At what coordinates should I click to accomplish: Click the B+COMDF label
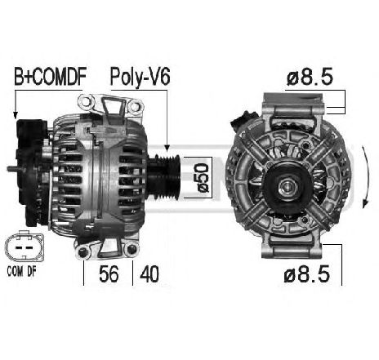coord(50,77)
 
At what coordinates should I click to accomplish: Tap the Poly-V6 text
coord(140,78)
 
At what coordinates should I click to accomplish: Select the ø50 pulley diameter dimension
coord(203,178)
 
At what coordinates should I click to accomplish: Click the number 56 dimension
coord(109,274)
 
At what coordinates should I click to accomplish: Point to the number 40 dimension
coord(149,274)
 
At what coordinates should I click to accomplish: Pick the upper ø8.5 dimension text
coord(310,77)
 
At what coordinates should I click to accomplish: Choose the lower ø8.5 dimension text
coord(307,274)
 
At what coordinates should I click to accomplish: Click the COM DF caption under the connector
coord(21,271)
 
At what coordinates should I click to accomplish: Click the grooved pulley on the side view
coord(164,177)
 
